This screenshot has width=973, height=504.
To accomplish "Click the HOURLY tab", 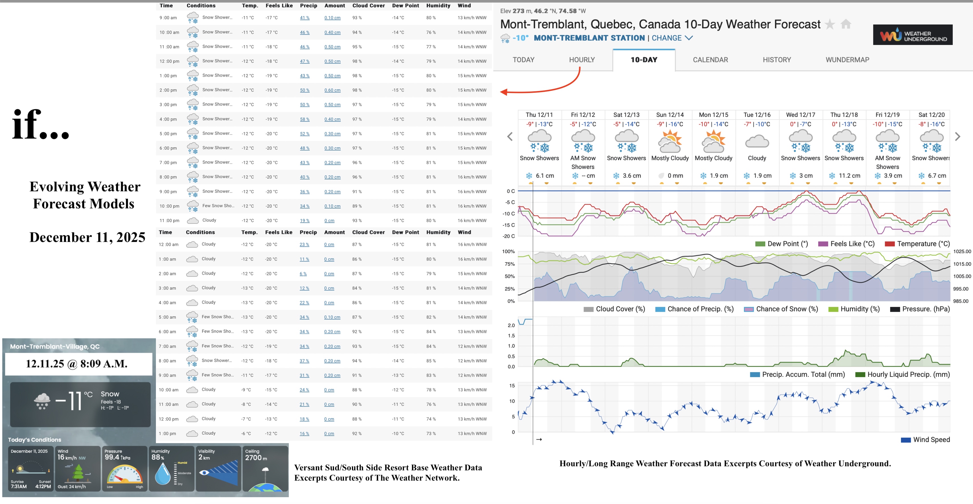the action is [582, 60].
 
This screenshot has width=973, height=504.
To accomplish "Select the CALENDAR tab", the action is [710, 60].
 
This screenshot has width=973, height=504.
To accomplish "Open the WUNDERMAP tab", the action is [847, 60].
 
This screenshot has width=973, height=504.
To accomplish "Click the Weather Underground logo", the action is [913, 35].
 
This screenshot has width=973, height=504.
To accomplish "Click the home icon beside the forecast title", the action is [846, 24].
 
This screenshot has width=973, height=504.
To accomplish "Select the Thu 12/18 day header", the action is [844, 115].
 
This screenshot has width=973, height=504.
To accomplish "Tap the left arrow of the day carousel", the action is [510, 137].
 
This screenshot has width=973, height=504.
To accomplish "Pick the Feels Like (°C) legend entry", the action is [846, 244].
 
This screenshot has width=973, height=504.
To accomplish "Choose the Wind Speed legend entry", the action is [925, 439].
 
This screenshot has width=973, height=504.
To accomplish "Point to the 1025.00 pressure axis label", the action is [962, 251].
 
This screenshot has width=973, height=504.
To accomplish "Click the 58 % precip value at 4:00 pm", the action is [304, 119].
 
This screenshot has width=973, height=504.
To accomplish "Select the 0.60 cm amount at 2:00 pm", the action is [332, 90].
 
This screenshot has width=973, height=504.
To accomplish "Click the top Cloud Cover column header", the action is [368, 6].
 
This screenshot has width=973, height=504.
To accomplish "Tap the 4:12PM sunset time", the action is [43, 486].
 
